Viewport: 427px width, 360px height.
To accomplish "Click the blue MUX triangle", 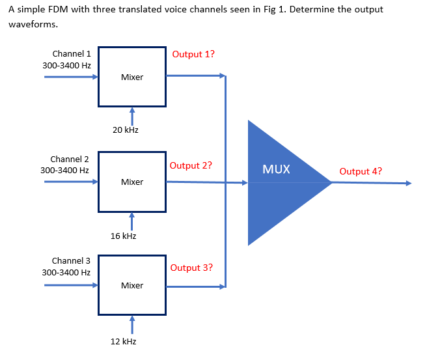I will click(280, 182).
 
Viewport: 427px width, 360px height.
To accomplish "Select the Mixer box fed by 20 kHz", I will click(132, 76).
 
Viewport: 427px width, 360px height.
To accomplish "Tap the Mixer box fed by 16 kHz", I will click(132, 182).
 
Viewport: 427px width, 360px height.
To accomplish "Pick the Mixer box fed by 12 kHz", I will click(132, 285).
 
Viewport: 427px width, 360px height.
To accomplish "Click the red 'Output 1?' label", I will click(193, 54).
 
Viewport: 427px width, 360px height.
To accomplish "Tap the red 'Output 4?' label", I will click(361, 172).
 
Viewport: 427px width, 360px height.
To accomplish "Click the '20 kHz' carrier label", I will click(125, 130).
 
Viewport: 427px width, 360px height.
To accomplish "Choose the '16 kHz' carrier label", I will click(123, 236).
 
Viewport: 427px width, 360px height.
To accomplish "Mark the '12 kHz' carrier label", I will click(123, 341).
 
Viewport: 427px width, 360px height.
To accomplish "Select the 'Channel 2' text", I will click(69, 159).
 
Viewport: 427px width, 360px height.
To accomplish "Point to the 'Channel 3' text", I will click(70, 260).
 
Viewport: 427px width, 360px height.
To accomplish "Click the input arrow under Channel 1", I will click(71, 77).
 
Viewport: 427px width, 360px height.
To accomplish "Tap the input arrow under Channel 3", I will click(71, 285).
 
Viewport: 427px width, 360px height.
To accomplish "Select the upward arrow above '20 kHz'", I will click(131, 115).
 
